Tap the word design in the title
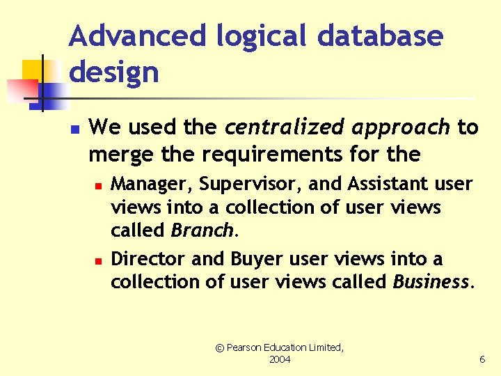pyautogui.click(x=114, y=72)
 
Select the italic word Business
pyautogui.click(x=431, y=282)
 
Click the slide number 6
pyautogui.click(x=482, y=359)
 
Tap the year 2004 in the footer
pyautogui.click(x=280, y=359)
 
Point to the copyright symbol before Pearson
pyautogui.click(x=219, y=347)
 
